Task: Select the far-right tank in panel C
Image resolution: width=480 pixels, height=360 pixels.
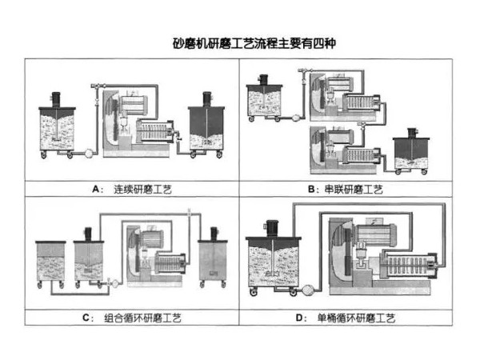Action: (x=214, y=258)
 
